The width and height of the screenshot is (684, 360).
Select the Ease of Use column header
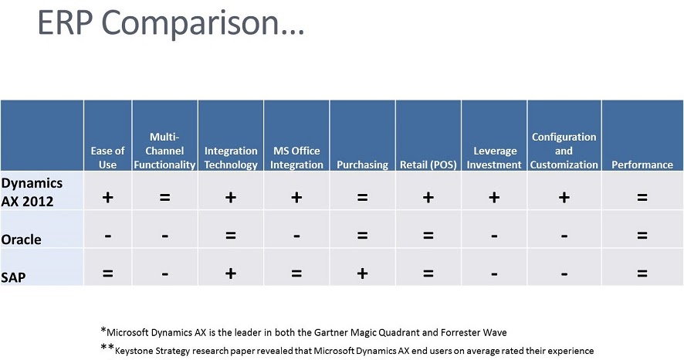coord(107,158)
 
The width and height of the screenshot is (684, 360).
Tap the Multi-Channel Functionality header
coord(164,151)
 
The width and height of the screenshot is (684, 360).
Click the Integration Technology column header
coord(231,158)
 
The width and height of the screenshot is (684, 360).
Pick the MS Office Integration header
coord(296,158)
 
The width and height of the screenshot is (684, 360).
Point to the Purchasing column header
coord(362,165)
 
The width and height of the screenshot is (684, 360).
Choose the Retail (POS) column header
coord(428,165)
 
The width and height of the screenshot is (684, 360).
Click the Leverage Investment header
coord(494,158)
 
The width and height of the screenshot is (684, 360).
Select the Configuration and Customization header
coord(564,151)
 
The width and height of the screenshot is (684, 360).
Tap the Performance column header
coord(642,165)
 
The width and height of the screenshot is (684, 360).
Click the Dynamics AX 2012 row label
coord(32,190)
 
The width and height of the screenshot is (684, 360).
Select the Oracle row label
coord(22,239)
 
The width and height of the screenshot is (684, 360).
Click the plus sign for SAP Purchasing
coord(362,273)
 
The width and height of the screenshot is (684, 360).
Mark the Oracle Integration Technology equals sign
coord(231,236)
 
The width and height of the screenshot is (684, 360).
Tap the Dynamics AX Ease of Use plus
coord(107,198)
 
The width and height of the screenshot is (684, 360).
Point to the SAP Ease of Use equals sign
coord(107,273)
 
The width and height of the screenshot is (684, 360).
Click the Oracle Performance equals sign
coord(642,236)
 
